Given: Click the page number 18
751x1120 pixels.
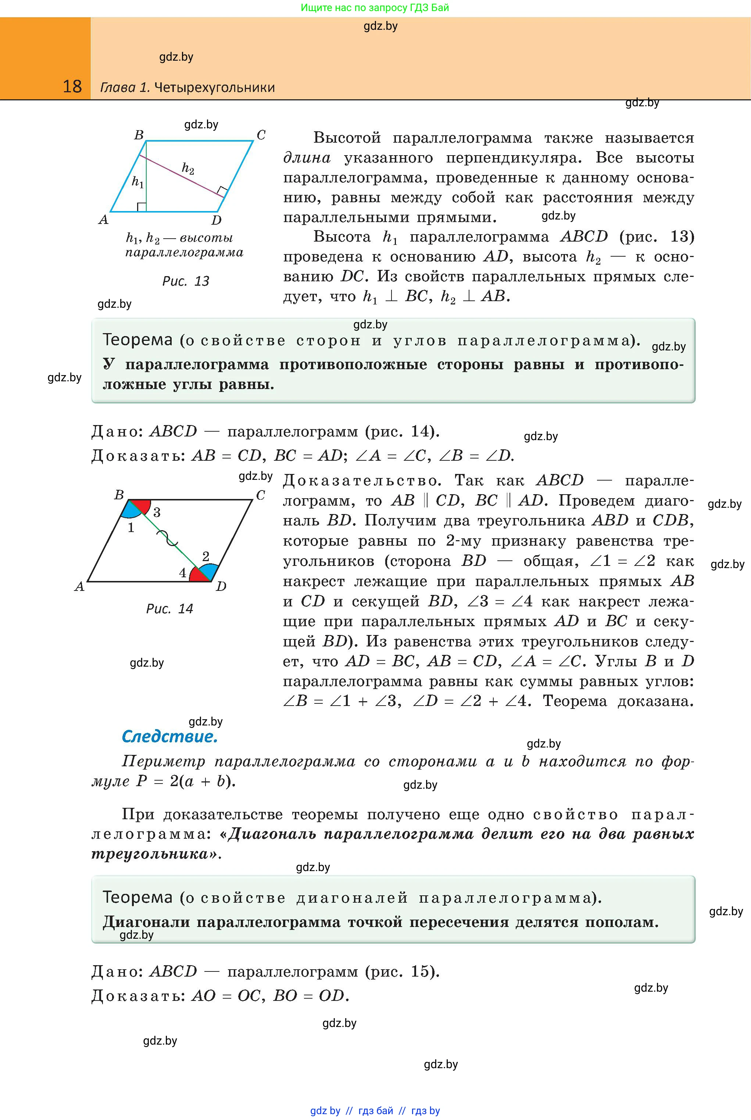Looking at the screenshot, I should [x=72, y=86].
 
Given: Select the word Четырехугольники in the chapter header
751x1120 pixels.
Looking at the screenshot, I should [x=215, y=88].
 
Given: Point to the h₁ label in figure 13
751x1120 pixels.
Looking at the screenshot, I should [x=137, y=182].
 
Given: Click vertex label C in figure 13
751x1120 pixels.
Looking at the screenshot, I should [x=261, y=135].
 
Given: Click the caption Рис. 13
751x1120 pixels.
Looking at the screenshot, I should [x=186, y=281].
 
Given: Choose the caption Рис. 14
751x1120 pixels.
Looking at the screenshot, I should [x=169, y=609].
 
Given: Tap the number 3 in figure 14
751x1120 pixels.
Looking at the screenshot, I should [x=157, y=513].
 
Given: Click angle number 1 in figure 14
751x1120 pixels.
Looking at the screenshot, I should [x=131, y=528].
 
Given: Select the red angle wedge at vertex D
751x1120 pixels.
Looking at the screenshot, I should [x=198, y=575].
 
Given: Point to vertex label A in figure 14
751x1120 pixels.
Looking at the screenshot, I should [x=79, y=586].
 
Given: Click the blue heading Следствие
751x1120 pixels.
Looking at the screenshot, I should [x=169, y=736].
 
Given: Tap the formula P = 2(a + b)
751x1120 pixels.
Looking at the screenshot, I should [x=186, y=781].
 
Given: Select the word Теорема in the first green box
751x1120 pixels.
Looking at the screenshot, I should [x=137, y=340].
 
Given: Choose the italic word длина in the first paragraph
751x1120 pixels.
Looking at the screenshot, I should [x=307, y=158].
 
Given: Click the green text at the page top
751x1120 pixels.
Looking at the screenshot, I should [x=375, y=8].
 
